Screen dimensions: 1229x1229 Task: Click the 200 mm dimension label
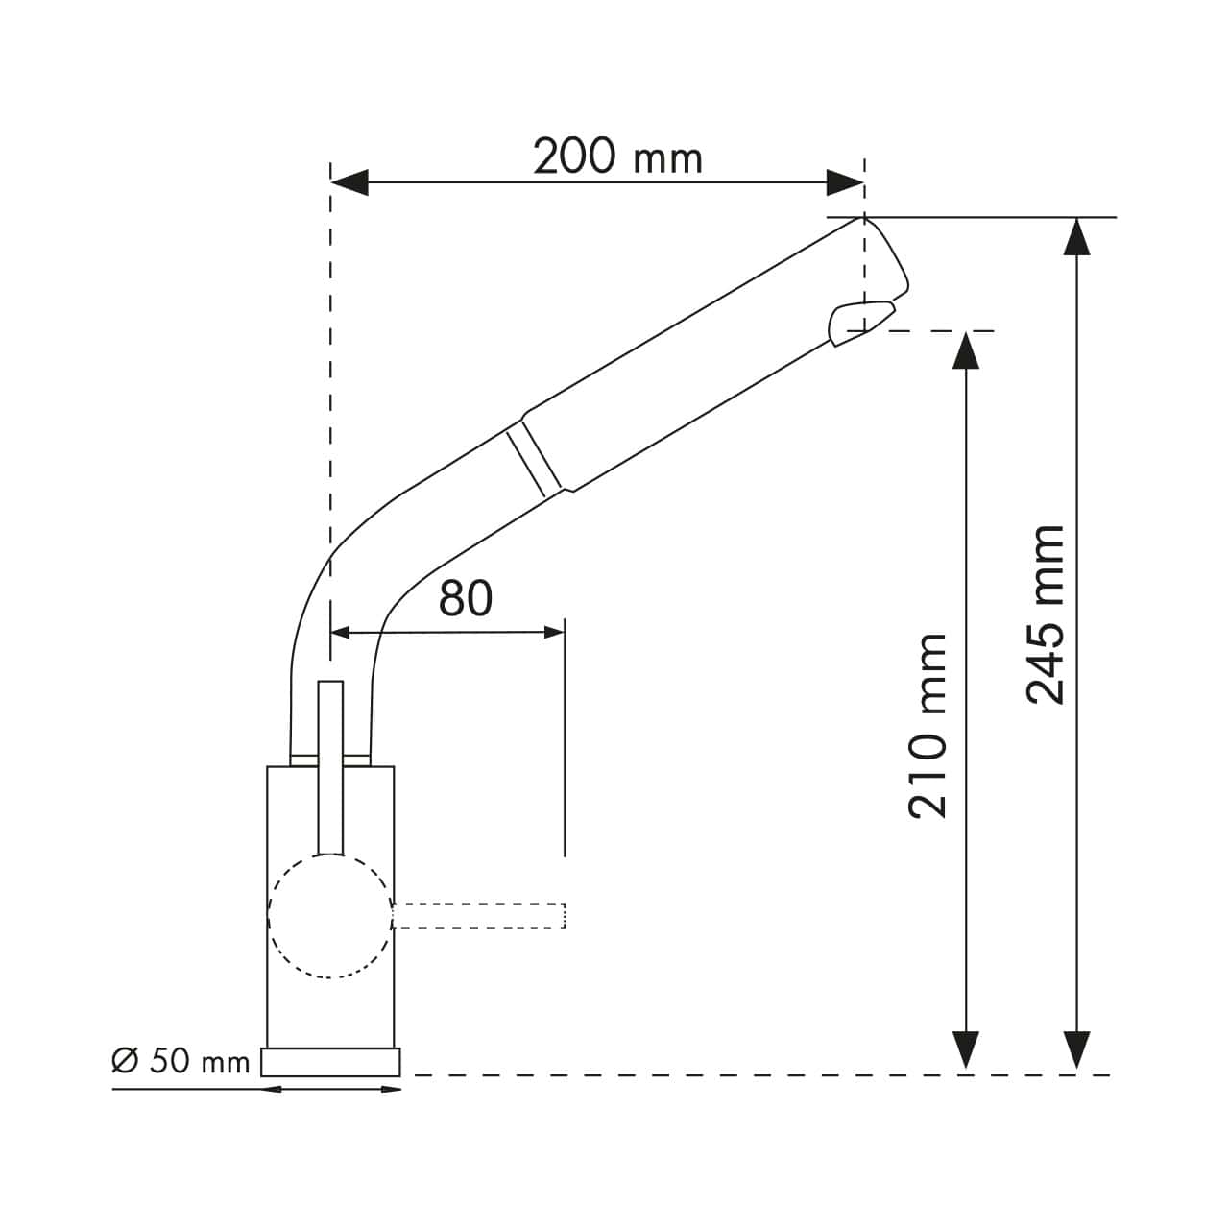click(x=617, y=157)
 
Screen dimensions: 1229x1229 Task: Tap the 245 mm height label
click(x=1046, y=614)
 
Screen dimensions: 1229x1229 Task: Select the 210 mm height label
click(x=927, y=725)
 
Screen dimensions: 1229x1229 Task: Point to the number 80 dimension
click(x=465, y=598)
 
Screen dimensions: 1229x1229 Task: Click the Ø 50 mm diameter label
click(x=181, y=1061)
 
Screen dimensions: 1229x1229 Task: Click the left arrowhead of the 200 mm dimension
click(x=349, y=181)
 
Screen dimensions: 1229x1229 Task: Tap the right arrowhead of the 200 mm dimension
click(x=845, y=181)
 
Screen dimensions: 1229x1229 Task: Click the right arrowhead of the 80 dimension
click(x=553, y=632)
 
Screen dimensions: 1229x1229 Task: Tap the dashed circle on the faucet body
click(x=330, y=916)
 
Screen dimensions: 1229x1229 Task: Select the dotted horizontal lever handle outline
click(x=478, y=916)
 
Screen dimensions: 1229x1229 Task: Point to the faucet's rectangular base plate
click(x=330, y=1062)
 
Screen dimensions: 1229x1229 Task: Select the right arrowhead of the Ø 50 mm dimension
click(x=392, y=1089)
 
